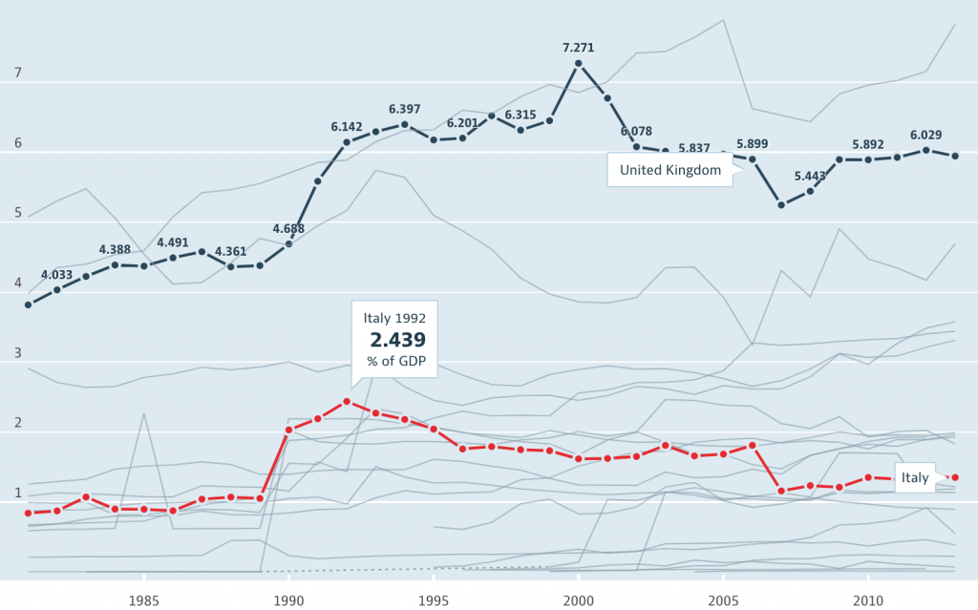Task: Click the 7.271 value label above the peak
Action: (578, 47)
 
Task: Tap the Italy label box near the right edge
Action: (915, 478)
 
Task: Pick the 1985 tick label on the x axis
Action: (143, 601)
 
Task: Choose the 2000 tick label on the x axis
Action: (578, 601)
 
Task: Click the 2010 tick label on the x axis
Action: (868, 601)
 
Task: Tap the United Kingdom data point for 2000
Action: (578, 64)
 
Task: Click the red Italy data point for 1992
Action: (347, 402)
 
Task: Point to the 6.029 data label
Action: (926, 135)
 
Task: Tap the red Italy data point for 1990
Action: (288, 430)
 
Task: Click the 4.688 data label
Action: (288, 228)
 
